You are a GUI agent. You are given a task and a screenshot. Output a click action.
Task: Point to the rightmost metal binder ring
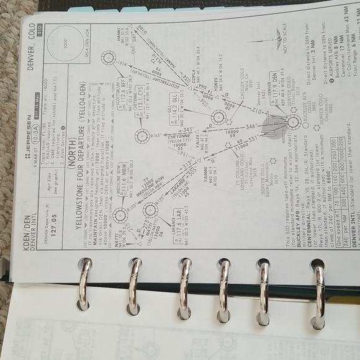click(319, 286)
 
